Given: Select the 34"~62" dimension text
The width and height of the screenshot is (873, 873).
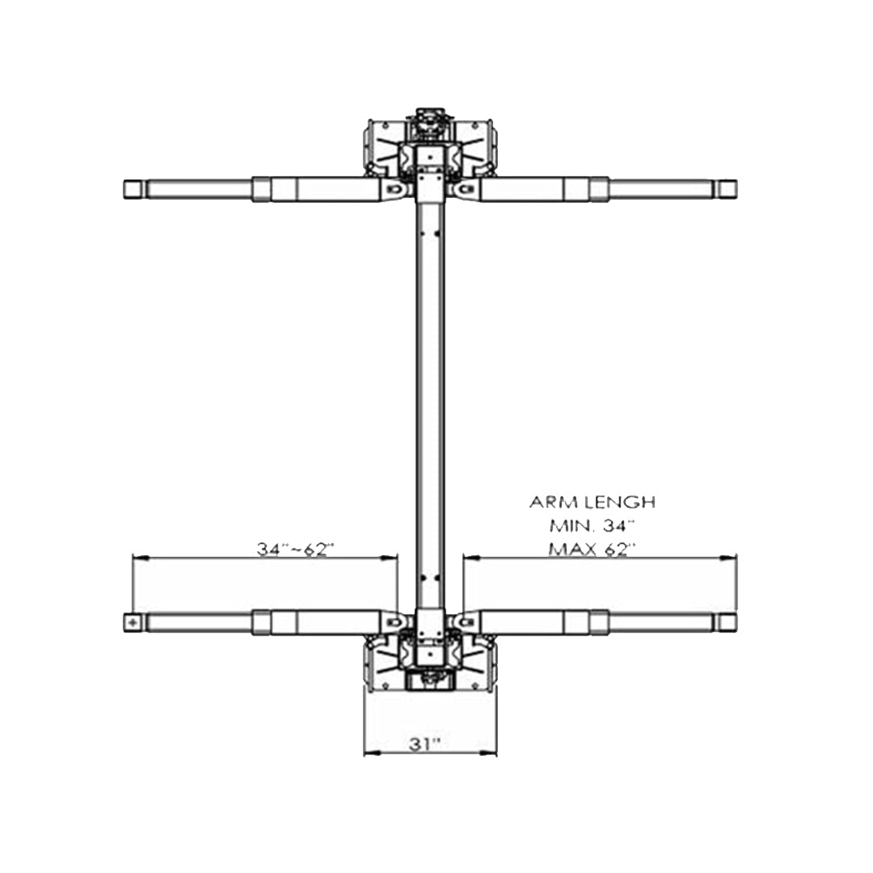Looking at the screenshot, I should point(296,549).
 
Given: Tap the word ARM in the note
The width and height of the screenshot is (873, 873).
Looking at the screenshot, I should point(547,502).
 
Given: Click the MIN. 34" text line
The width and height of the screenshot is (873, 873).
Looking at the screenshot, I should point(592,525).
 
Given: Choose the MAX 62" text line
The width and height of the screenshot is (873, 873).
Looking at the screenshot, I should point(592,549).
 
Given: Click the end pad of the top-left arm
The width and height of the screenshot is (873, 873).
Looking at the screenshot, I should point(133,189).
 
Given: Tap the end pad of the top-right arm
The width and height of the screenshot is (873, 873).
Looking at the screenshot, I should point(727,189).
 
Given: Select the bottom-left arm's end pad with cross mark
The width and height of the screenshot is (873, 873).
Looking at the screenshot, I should point(133,622).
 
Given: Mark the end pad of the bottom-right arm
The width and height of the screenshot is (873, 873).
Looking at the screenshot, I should point(727,622).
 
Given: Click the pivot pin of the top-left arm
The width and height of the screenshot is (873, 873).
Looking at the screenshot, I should point(394,189).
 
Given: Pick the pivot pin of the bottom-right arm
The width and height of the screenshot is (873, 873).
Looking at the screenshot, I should point(465,622).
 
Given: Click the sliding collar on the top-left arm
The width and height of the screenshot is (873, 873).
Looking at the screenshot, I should point(261,189).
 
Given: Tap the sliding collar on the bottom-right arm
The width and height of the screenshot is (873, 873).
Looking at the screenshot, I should point(599,622).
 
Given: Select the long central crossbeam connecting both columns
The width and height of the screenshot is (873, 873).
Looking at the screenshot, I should point(430,404).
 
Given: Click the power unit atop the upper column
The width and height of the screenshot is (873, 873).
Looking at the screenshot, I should point(430,118).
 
